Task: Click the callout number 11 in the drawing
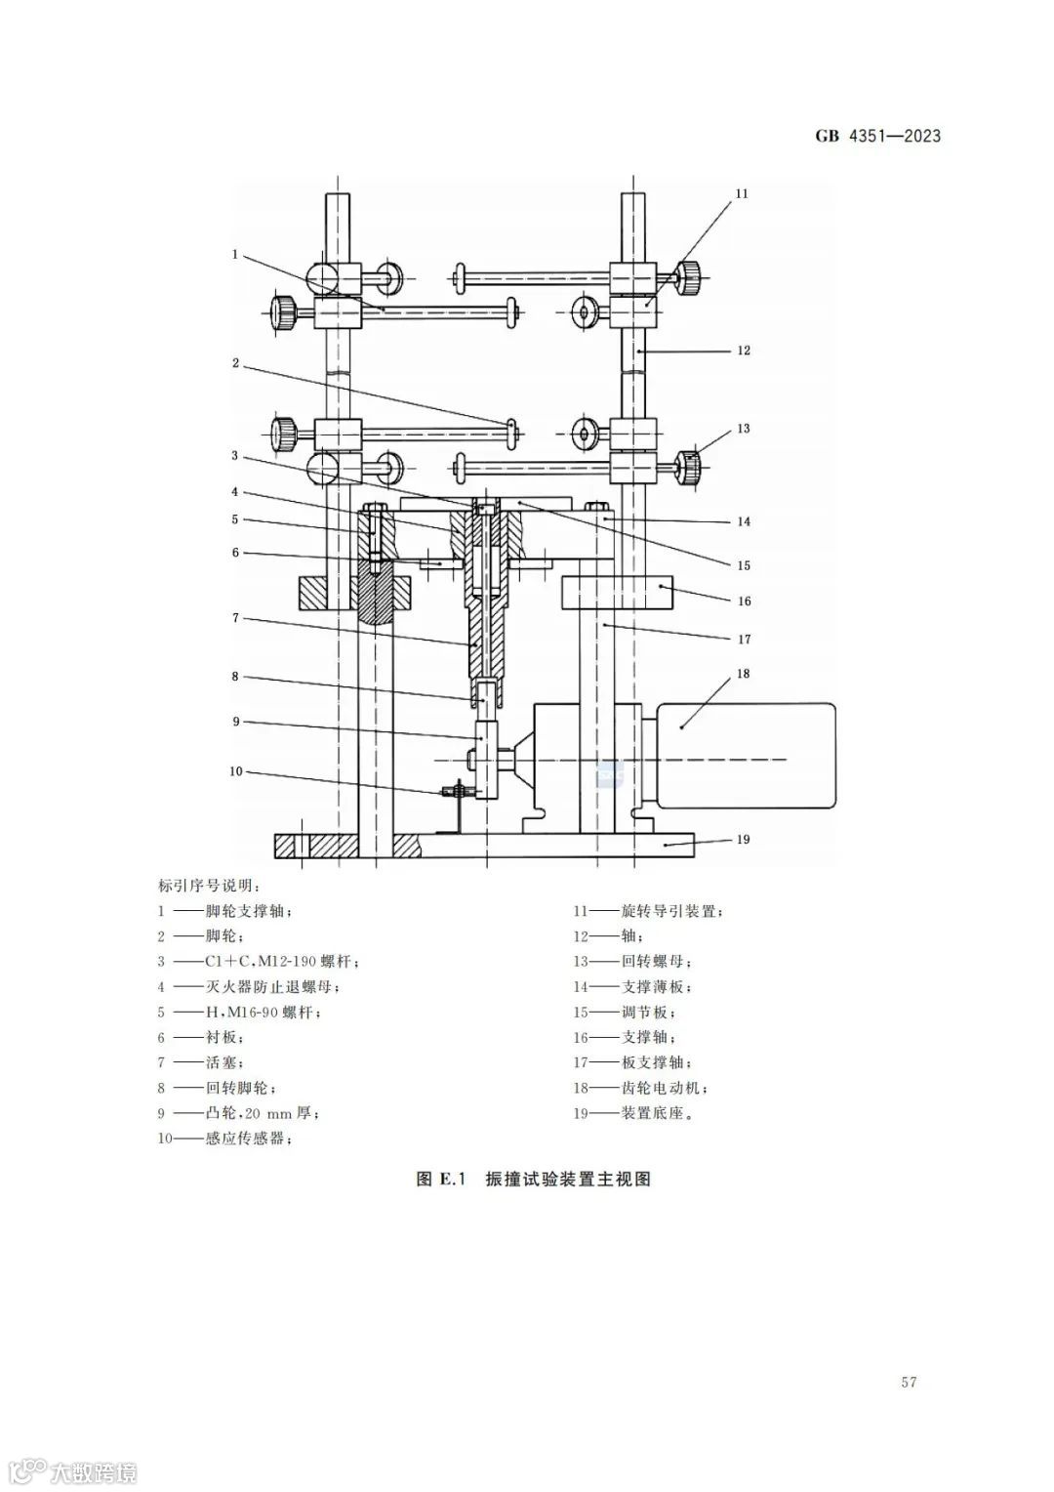point(742,193)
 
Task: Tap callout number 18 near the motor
point(743,674)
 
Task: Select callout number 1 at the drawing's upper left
point(235,254)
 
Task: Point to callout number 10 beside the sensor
point(235,771)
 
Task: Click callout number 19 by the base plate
point(743,839)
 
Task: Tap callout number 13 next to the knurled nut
point(743,429)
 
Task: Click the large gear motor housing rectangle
point(747,755)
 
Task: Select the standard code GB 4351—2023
point(877,136)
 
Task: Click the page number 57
point(909,1382)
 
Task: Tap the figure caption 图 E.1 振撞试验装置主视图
point(533,1179)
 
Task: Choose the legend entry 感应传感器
point(248,1139)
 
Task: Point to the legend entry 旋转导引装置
point(672,911)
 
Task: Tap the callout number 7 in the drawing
point(235,618)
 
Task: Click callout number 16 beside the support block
point(744,601)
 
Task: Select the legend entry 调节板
point(648,1013)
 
